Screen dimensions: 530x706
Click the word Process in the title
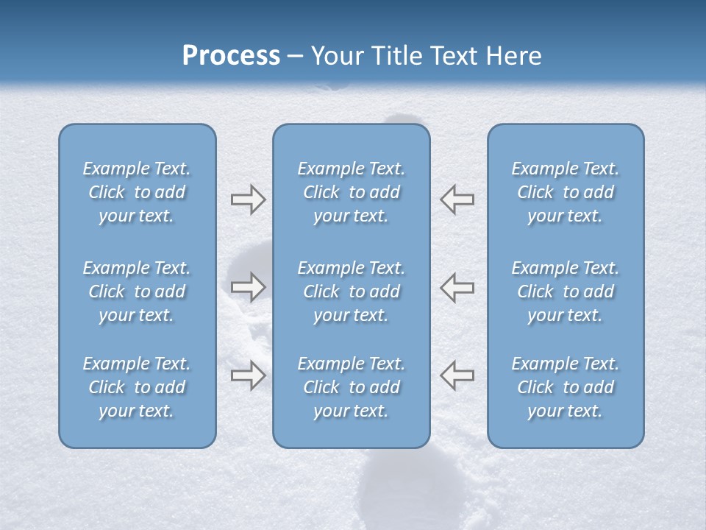[231, 56]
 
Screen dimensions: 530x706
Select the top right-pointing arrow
[248, 199]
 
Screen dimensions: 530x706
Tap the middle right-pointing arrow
[248, 287]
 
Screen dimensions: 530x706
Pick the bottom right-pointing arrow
[248, 375]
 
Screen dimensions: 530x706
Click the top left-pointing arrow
[457, 199]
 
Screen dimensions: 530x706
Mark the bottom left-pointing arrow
[457, 375]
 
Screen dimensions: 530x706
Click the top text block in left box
[137, 192]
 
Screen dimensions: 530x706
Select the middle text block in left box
[137, 291]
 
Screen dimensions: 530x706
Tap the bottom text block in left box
[137, 387]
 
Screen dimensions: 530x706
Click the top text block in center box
[351, 192]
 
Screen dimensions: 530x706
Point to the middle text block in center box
[351, 291]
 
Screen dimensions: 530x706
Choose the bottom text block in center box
[351, 387]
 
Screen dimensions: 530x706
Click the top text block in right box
[565, 192]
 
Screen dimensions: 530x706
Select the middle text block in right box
[565, 291]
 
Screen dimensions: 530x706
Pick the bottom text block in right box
[565, 387]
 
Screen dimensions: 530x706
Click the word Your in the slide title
[336, 56]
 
